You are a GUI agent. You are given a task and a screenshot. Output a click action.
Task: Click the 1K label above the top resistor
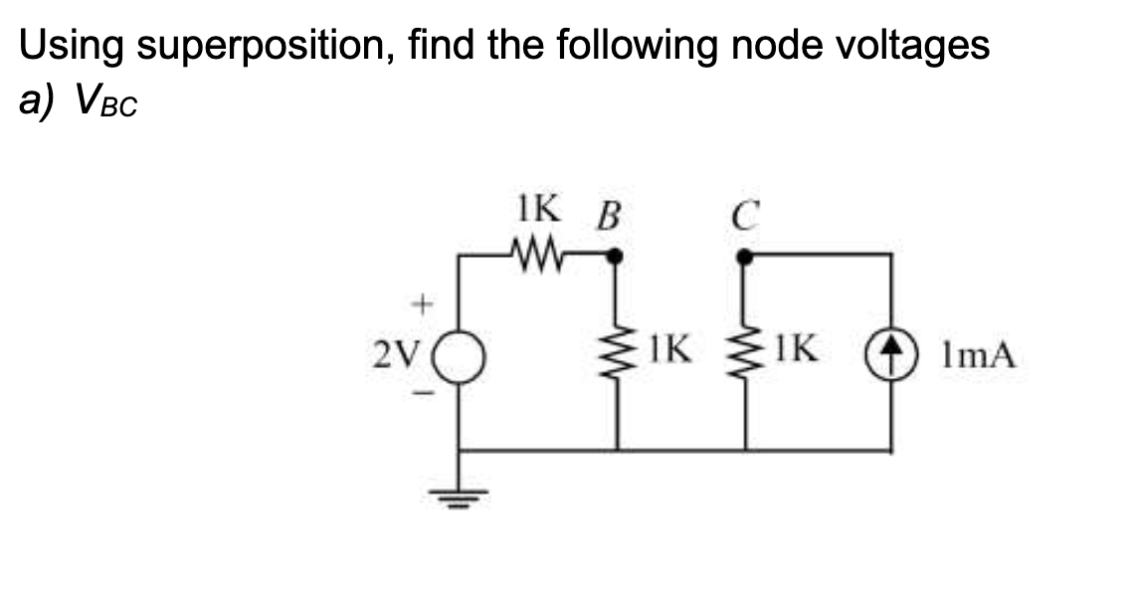coord(536,213)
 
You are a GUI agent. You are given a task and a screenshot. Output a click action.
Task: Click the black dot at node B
coord(616,256)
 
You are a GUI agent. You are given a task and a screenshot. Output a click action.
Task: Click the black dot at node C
coord(743,256)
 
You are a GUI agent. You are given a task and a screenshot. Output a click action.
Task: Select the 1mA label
coord(980,355)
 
